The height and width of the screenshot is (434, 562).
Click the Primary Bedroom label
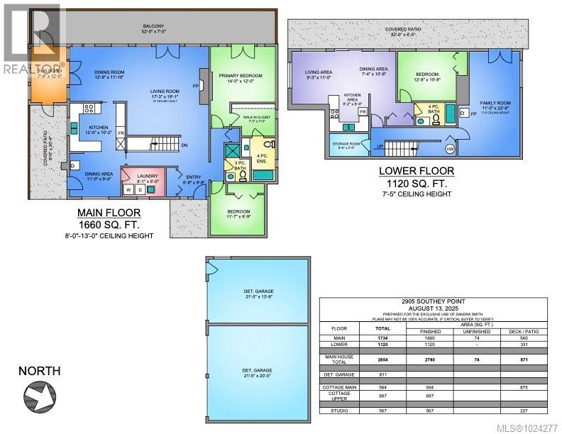tap(241, 75)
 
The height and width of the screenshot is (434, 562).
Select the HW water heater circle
tap(449, 148)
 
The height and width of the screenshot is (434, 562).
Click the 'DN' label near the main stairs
tap(184, 145)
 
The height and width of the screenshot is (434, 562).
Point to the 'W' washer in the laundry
tap(128, 189)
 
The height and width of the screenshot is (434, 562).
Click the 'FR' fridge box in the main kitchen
tap(121, 133)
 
